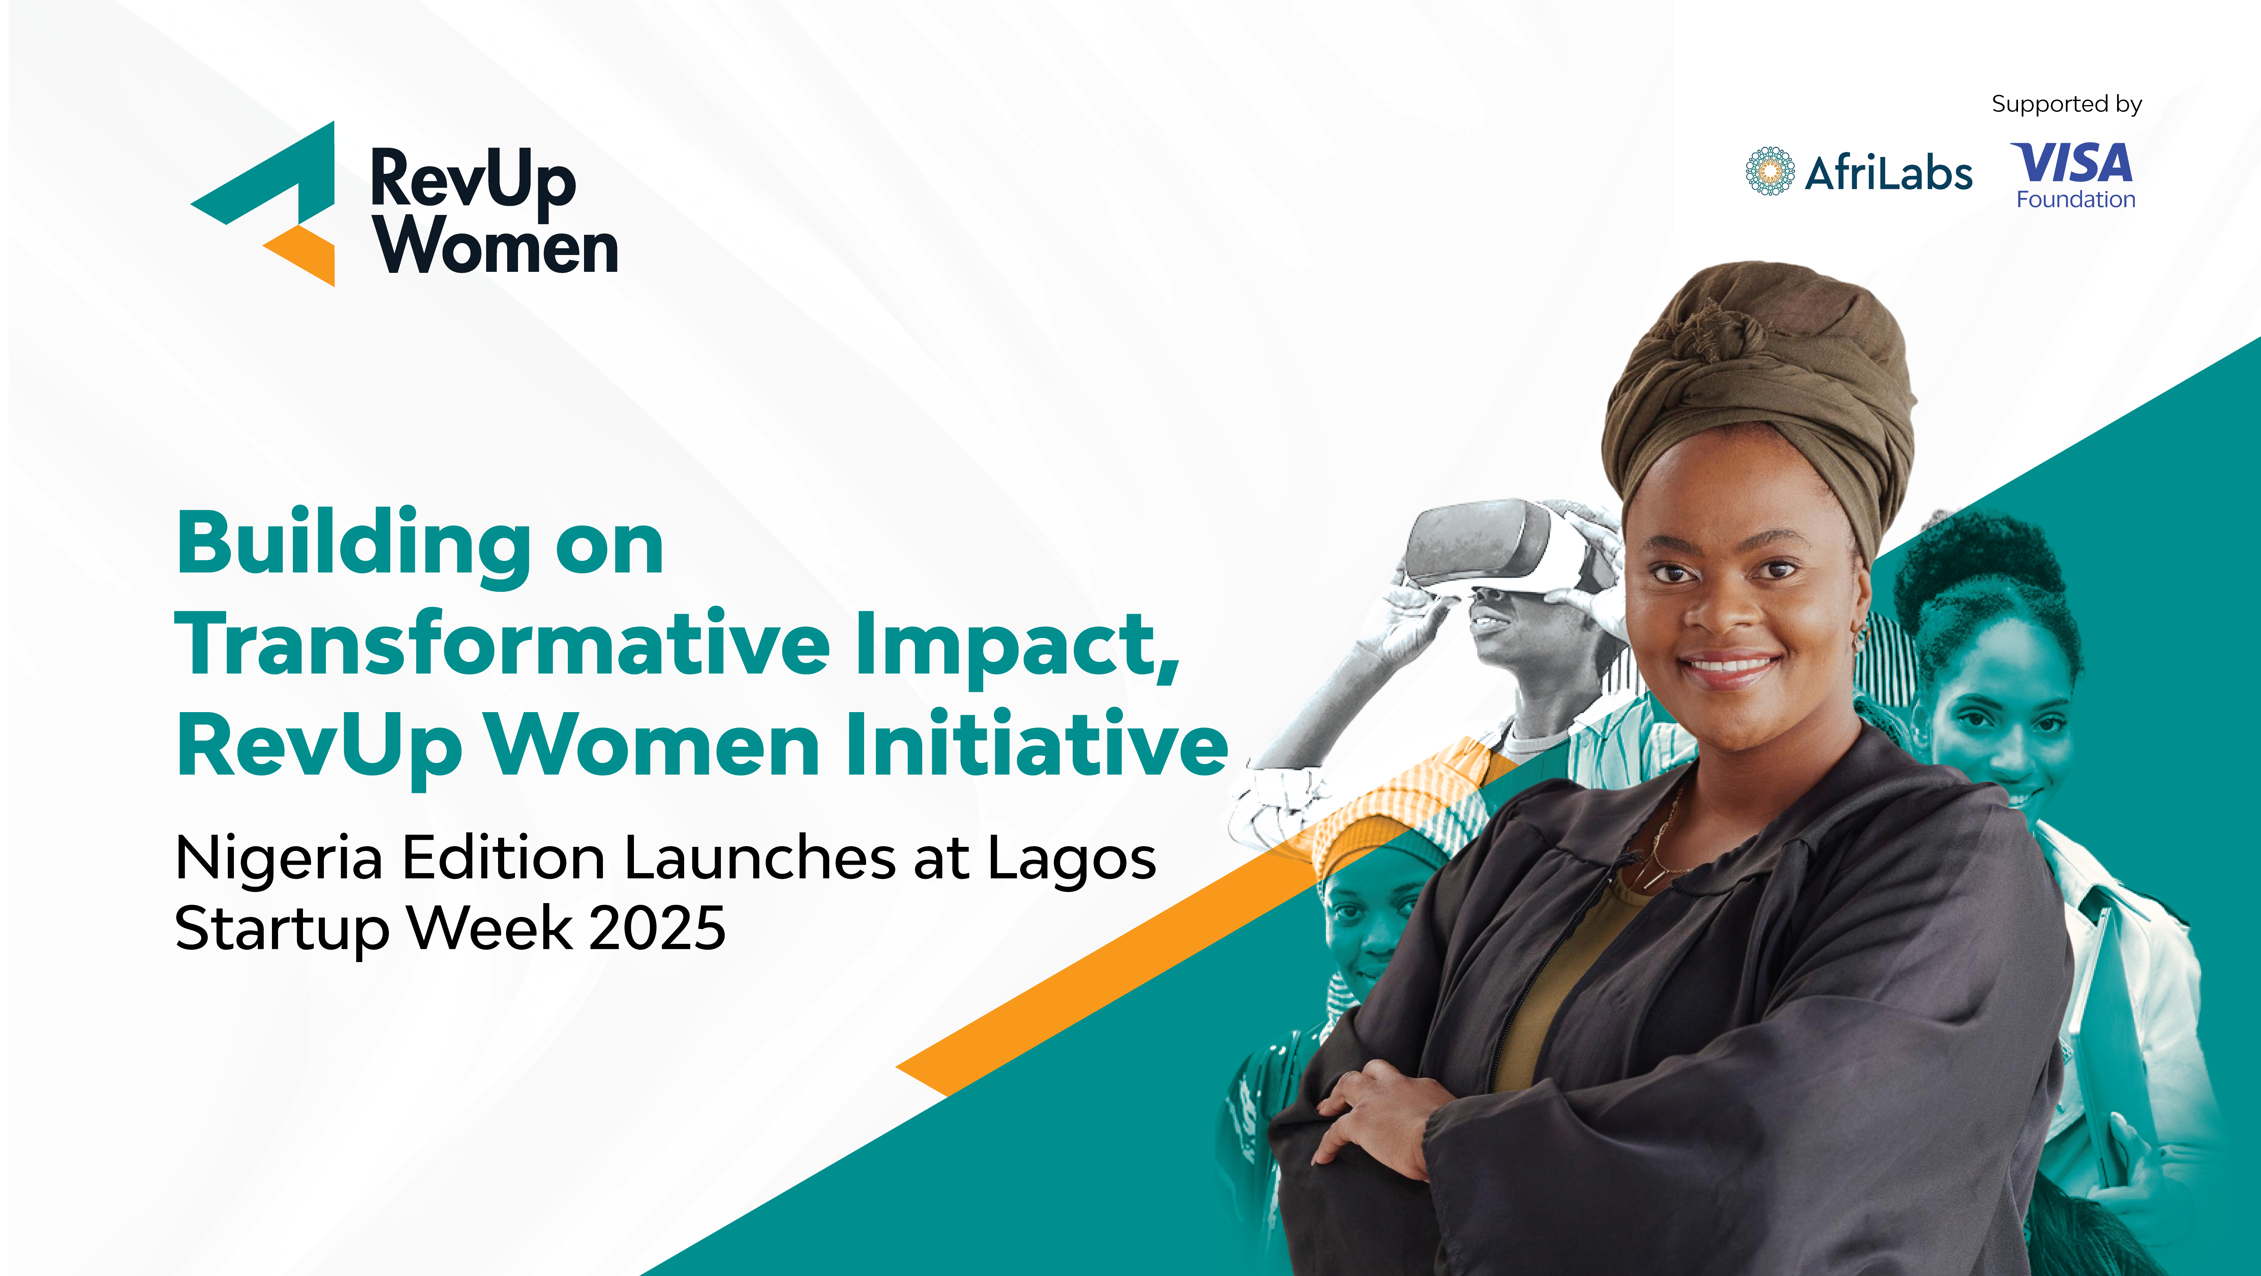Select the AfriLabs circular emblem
tap(1770, 171)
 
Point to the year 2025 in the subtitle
tap(658, 928)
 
